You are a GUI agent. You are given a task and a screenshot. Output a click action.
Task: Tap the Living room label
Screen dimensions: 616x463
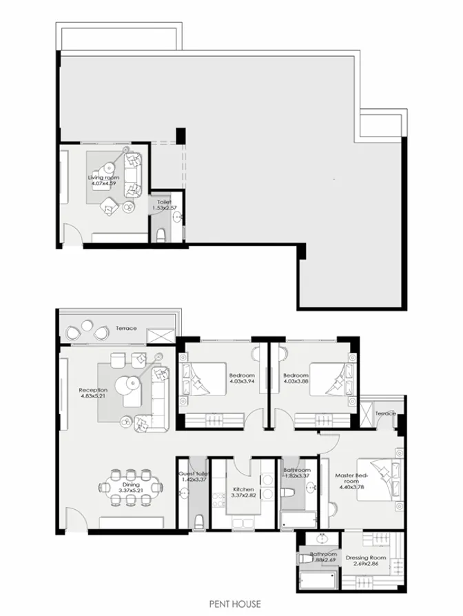click(104, 177)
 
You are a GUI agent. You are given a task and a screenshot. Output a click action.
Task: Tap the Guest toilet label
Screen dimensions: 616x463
click(194, 475)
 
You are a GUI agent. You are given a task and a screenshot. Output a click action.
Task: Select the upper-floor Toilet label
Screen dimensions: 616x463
click(163, 202)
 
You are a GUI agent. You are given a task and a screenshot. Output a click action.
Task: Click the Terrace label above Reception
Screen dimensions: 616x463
click(127, 329)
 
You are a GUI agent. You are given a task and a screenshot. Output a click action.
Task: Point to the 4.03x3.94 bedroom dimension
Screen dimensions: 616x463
click(242, 383)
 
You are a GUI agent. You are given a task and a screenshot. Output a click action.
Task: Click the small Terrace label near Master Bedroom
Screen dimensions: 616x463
click(386, 413)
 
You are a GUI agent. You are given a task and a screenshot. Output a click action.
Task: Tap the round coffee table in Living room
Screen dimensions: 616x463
click(110, 169)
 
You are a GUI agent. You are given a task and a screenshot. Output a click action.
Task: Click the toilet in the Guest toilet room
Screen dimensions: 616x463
click(198, 522)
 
